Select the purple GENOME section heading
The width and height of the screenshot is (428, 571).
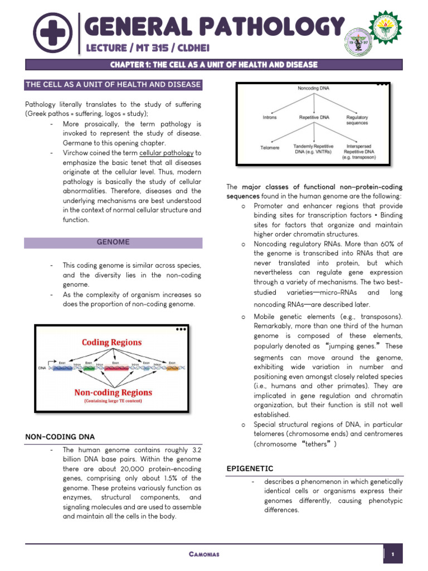pos(113,242)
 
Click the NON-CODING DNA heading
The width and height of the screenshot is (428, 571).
pos(59,436)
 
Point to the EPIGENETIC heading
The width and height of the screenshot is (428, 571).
pos(250,468)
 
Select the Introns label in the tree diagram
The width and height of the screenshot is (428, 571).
pos(269,118)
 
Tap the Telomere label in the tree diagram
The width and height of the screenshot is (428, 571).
pos(270,148)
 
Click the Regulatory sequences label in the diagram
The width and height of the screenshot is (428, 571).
pos(357,120)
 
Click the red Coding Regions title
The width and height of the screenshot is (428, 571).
pos(111,342)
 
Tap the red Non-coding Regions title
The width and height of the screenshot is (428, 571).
pos(112,392)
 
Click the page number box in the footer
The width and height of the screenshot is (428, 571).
pos(393,554)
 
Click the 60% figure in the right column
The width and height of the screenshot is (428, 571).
pos(392,244)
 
